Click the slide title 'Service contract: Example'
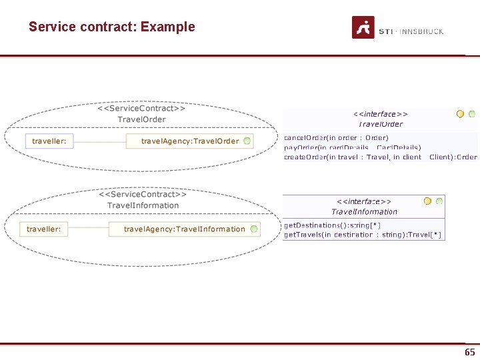(111, 27)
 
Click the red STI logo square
(363, 27)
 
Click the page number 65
(469, 352)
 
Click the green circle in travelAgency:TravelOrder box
(247, 141)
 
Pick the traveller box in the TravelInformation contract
(44, 229)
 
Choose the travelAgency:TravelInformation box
(184, 229)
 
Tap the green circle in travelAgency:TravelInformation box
(253, 229)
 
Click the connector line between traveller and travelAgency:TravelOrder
(100, 141)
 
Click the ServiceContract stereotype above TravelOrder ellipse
(141, 107)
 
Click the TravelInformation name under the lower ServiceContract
(143, 205)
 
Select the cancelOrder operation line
(336, 138)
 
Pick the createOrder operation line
(380, 157)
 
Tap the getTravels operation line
(363, 235)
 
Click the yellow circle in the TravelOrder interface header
(460, 114)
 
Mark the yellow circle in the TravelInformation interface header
(427, 201)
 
